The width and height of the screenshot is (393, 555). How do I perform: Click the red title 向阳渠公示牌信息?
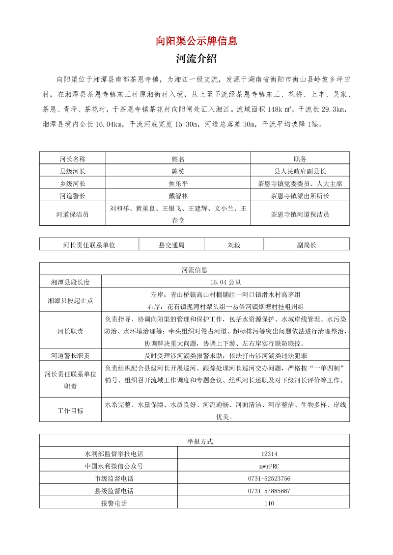pos(196,41)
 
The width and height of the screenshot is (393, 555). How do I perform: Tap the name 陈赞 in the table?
pos(178,171)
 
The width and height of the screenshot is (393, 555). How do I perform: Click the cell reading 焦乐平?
pos(178,184)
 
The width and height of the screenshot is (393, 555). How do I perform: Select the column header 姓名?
pos(178,159)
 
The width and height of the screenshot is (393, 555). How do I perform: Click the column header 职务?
pos(300,159)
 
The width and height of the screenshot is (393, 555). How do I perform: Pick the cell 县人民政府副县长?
pos(300,171)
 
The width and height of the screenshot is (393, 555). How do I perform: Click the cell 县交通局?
pos(171,244)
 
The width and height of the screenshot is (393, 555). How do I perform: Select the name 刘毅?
pos(234,244)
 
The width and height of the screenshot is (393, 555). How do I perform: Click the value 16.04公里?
pos(225,282)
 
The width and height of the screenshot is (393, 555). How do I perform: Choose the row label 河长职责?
pos(70,331)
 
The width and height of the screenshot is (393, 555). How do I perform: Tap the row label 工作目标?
pos(70,411)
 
